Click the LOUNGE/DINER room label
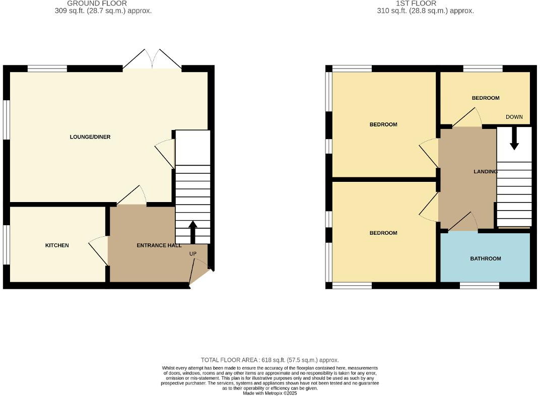(90, 137)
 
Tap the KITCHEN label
(57, 245)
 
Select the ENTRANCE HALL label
(159, 245)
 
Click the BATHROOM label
(485, 259)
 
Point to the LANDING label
(485, 172)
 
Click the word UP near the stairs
(192, 254)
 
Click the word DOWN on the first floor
(514, 117)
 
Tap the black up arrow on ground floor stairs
(192, 231)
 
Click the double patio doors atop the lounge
(152, 59)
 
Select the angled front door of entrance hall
(200, 276)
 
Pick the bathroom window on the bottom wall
(479, 286)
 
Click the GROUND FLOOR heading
(97, 3)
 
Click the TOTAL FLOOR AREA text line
(269, 360)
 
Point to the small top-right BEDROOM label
(485, 98)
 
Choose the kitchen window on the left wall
(6, 244)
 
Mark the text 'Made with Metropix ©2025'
(270, 393)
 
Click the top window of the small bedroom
(482, 69)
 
